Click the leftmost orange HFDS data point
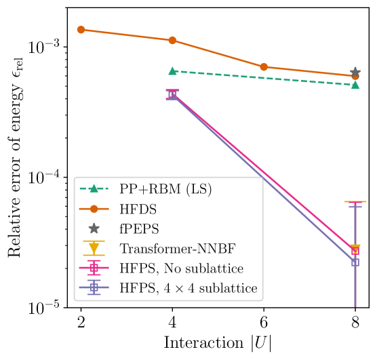81,30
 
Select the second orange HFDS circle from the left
172,41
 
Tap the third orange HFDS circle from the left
264,67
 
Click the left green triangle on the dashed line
172,71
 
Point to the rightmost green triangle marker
355,85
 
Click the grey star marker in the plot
355,72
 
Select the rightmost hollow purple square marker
355,262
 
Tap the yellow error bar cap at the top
355,202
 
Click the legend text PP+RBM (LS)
165,190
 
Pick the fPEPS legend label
139,229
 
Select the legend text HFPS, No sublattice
181,268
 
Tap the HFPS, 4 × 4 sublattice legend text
188,288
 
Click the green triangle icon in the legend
94,189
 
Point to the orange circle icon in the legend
94,209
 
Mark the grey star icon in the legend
94,229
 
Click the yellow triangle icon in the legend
94,249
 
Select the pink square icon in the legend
94,268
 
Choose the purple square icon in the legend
94,288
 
